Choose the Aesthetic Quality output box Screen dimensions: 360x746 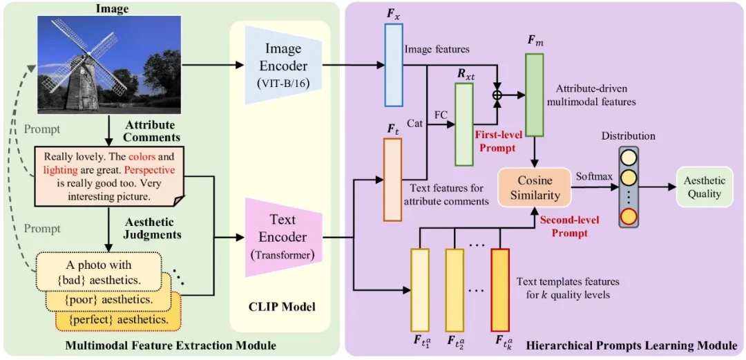(x=705, y=187)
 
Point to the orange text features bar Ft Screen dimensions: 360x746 (x=392, y=180)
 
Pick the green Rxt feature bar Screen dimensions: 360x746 (x=463, y=124)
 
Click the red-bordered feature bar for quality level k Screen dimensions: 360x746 (x=500, y=291)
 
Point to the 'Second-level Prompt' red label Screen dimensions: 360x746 (x=570, y=227)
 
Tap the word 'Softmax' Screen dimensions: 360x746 (x=594, y=177)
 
